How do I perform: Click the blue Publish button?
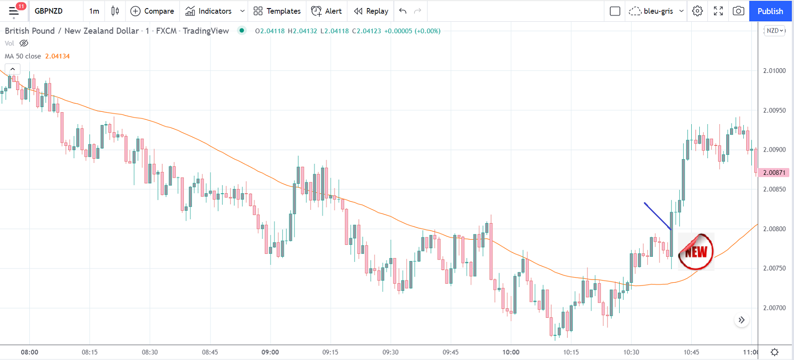770,11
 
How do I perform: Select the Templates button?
277,11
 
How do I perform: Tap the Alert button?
326,11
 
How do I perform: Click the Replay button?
371,11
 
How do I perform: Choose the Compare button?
152,11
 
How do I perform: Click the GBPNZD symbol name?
49,11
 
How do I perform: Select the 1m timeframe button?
94,11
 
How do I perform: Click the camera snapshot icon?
738,11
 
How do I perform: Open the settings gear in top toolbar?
697,11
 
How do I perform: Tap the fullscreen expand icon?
718,11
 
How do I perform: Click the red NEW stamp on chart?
696,252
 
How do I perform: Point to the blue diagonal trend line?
657,216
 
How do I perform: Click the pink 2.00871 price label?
774,173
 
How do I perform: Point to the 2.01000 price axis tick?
774,71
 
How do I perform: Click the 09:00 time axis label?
270,352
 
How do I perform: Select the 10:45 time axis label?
691,352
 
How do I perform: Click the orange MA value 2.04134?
57,56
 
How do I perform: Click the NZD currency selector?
775,31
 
